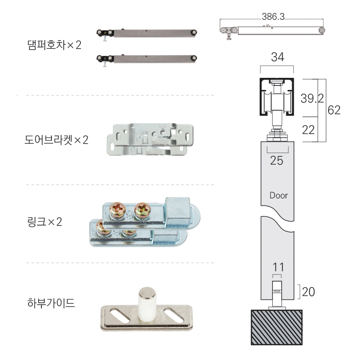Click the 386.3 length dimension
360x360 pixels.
[273, 17]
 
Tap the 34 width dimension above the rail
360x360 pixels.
[277, 57]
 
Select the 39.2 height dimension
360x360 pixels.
[312, 98]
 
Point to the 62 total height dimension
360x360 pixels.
[334, 110]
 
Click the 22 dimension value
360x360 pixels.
[308, 130]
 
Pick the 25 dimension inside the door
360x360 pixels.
[276, 161]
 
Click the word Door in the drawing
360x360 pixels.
[279, 195]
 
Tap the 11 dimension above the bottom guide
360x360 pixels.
[278, 267]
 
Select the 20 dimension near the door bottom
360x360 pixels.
[308, 292]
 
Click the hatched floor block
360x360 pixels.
[276, 327]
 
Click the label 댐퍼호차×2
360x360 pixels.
[54, 45]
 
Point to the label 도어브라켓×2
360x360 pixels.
[57, 140]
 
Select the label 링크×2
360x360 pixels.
[45, 222]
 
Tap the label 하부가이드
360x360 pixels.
[51, 303]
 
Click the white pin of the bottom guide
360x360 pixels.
[147, 302]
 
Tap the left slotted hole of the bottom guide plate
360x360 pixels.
[120, 316]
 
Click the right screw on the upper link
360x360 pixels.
[142, 211]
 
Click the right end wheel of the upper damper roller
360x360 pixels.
[194, 32]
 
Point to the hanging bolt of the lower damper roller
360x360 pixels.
[105, 64]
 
